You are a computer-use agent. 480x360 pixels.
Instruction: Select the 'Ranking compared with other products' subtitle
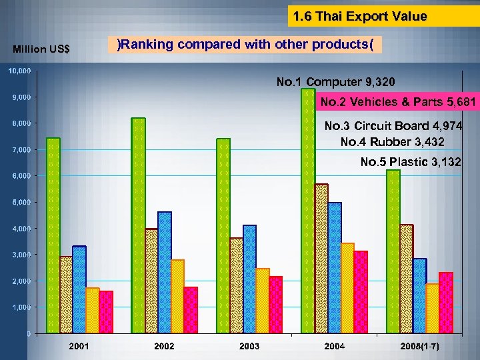click(x=245, y=45)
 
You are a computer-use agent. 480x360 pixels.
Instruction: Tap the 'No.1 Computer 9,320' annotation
click(x=335, y=82)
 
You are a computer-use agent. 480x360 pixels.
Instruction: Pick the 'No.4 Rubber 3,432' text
click(x=392, y=142)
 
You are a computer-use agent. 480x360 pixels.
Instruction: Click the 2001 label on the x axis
click(x=79, y=347)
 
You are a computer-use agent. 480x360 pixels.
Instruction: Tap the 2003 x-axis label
click(x=249, y=347)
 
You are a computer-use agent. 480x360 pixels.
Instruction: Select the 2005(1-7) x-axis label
click(x=419, y=347)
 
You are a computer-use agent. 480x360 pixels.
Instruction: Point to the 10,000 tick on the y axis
click(x=19, y=71)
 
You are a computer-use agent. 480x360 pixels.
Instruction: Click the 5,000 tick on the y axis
click(x=19, y=202)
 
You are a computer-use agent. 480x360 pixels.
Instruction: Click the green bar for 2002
click(x=138, y=227)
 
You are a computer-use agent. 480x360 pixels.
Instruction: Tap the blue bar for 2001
click(x=79, y=290)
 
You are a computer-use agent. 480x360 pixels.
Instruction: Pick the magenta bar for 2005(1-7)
click(x=446, y=303)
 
